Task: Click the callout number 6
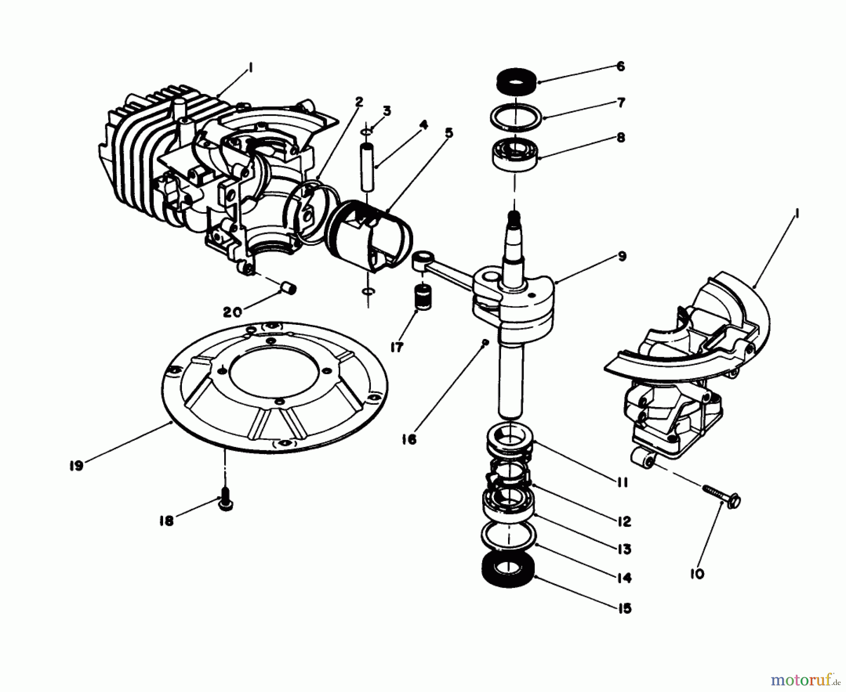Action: coord(620,66)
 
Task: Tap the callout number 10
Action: coord(698,574)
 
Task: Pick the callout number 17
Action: coord(397,347)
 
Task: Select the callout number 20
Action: coord(232,312)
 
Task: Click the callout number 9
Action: coord(621,256)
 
